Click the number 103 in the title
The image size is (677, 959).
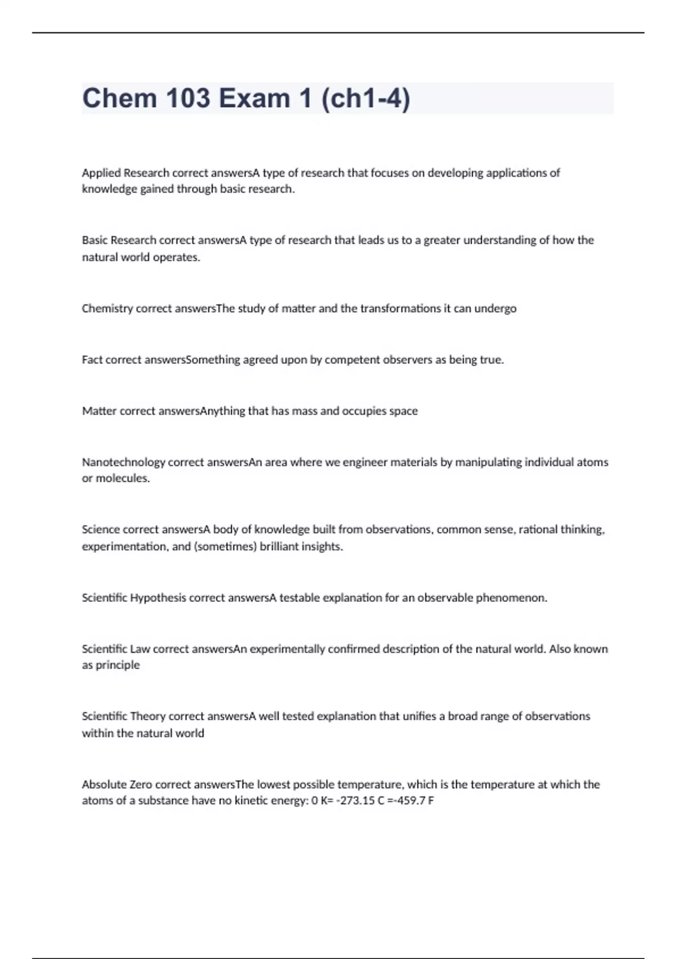point(186,99)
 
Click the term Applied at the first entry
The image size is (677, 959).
point(101,173)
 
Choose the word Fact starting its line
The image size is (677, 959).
point(92,360)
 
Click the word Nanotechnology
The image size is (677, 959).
point(124,462)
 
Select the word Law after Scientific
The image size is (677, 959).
point(140,649)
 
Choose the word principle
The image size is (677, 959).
point(117,666)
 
